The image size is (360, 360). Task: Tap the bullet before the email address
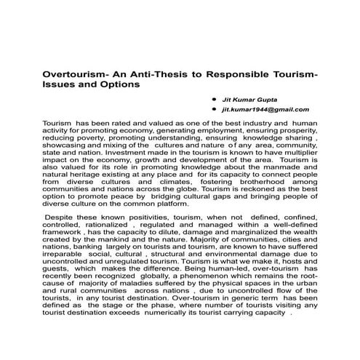click(213, 108)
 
